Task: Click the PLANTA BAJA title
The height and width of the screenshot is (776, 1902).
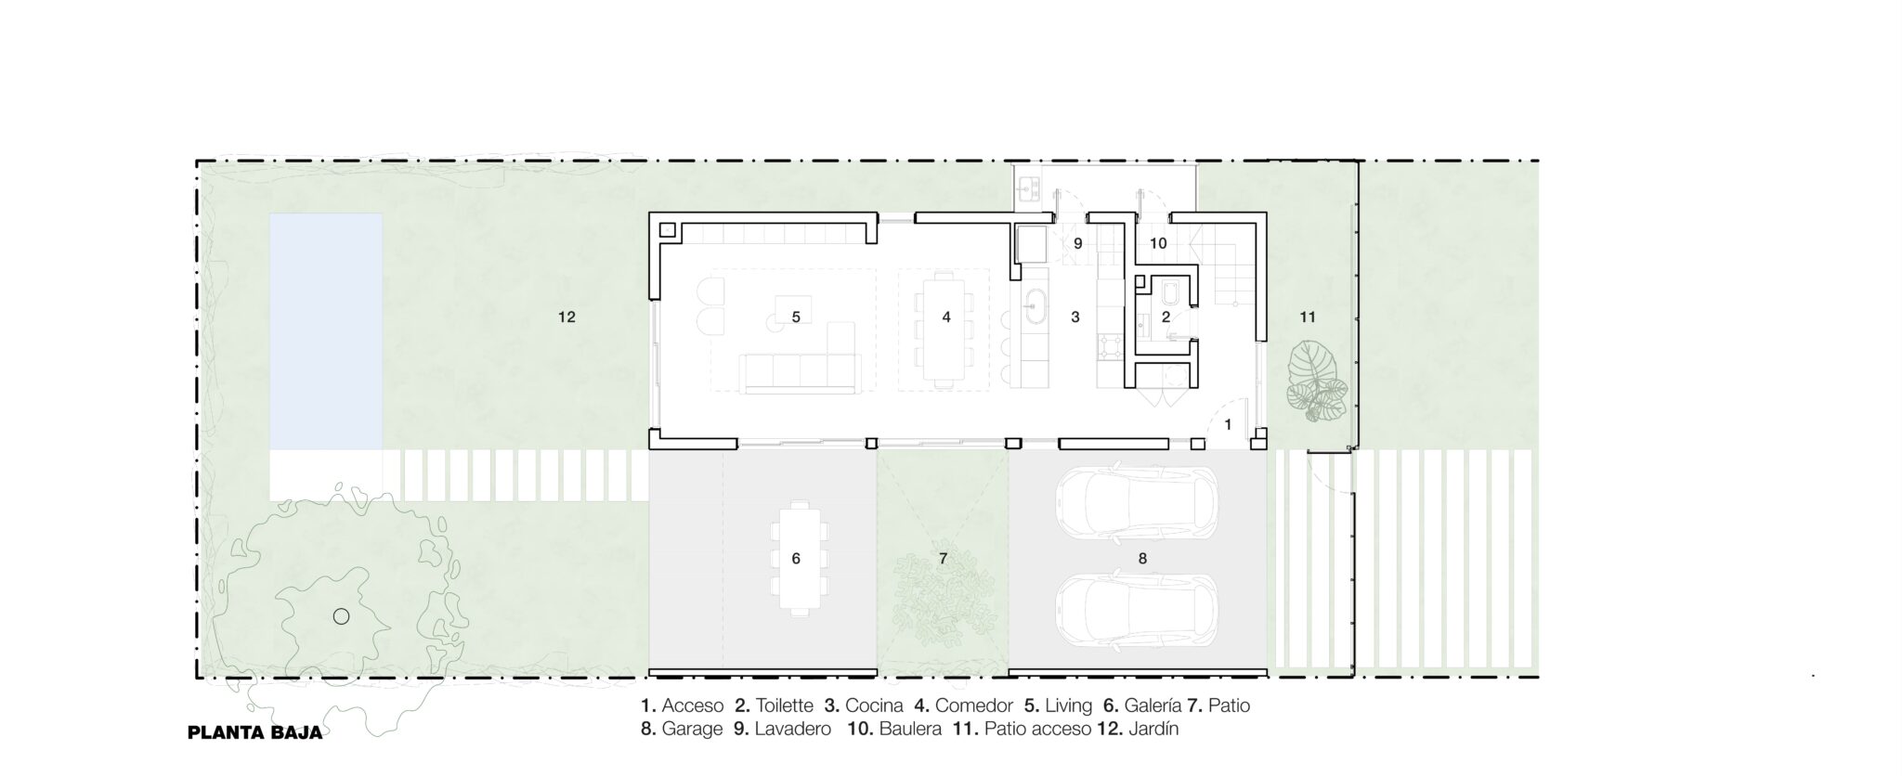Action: [255, 732]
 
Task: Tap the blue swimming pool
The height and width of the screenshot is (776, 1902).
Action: [326, 331]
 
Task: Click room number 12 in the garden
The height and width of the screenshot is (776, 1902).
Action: [567, 317]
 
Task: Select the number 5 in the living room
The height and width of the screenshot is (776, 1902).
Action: [796, 317]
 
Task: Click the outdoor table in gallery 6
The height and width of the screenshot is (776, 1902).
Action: [796, 557]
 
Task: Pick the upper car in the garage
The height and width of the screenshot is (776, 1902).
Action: [1137, 503]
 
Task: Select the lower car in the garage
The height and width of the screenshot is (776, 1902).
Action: [1137, 612]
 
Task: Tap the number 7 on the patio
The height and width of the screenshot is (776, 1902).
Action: [943, 558]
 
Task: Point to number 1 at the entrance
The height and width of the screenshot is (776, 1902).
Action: [1228, 424]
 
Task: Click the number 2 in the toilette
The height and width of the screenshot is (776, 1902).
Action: [1166, 317]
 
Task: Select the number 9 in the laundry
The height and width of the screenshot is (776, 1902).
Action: [1078, 243]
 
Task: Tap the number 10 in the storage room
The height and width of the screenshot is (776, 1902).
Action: [1158, 243]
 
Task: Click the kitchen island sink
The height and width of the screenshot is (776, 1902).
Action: [1034, 304]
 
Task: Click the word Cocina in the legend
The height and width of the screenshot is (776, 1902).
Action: [874, 705]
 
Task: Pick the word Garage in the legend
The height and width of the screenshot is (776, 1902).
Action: [692, 729]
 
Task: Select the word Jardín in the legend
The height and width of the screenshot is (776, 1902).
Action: [1153, 729]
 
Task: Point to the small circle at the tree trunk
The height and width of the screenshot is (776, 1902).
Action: [341, 616]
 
